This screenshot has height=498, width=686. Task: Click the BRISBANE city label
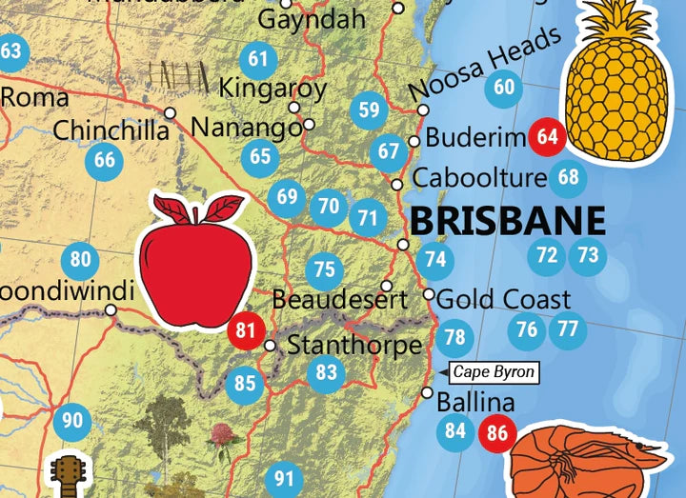508,220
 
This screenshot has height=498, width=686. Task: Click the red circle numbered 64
547,136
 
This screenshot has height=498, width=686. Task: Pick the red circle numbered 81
247,331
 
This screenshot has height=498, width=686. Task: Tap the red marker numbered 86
497,432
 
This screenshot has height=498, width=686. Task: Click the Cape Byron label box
494,371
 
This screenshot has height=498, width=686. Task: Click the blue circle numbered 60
504,88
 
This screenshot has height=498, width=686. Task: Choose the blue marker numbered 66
105,160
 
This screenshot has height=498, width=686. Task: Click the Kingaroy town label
272,89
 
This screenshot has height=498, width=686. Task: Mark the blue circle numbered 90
72,420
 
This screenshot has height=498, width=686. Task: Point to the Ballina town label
475,402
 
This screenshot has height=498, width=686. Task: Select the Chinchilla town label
111,129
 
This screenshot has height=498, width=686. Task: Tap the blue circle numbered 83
327,371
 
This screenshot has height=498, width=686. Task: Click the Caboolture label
479,178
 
